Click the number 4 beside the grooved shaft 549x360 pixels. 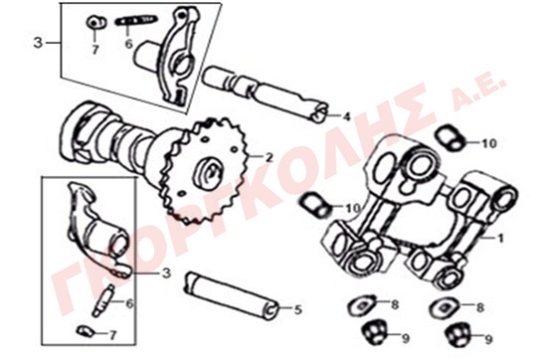(346, 116)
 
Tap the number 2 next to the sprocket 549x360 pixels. (269, 157)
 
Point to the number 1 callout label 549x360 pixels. (500, 239)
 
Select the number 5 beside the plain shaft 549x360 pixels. (297, 309)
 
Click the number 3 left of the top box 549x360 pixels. (38, 43)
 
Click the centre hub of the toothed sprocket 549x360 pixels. (208, 173)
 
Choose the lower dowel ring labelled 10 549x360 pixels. (315, 205)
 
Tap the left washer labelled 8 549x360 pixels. (363, 305)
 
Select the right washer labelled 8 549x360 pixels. (447, 307)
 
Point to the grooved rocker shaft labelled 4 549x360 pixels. (265, 94)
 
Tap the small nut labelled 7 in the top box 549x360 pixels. (95, 23)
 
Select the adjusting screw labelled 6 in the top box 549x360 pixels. (136, 20)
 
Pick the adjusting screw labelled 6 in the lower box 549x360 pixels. (104, 300)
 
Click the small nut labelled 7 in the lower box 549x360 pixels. (86, 330)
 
